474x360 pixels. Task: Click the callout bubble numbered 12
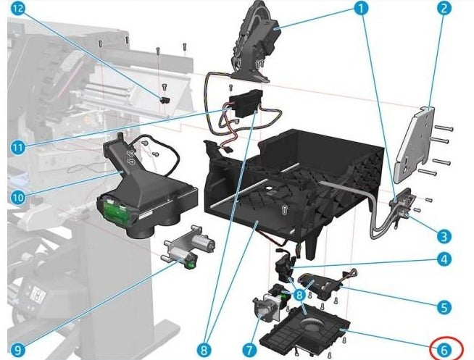click(x=19, y=9)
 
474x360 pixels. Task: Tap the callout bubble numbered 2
click(x=443, y=9)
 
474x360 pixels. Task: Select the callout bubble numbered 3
click(x=443, y=236)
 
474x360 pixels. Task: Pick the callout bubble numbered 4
click(x=444, y=259)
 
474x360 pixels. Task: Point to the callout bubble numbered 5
click(x=444, y=307)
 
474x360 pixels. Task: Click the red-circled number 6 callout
click(x=444, y=350)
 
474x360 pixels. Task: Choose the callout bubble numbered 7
click(x=250, y=351)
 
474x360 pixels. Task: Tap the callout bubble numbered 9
click(x=18, y=351)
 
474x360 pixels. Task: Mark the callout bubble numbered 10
click(x=18, y=198)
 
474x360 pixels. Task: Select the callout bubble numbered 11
click(x=18, y=147)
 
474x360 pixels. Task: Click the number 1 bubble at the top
click(x=361, y=9)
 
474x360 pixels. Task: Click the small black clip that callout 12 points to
click(x=165, y=100)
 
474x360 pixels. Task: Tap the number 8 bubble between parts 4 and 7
click(x=299, y=295)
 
